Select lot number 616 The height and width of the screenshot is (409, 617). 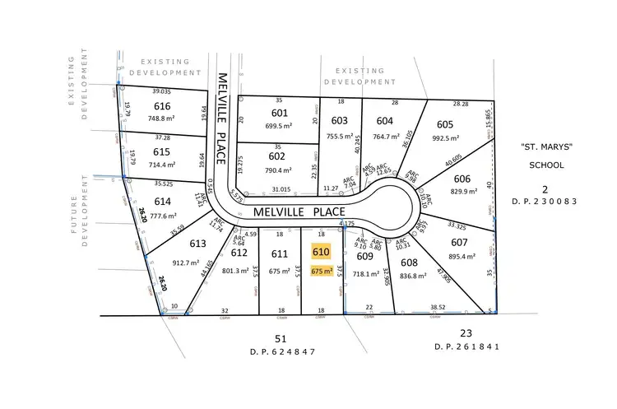[x=162, y=106]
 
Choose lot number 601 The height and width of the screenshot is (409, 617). [x=280, y=113]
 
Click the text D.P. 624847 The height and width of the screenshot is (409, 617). [x=281, y=351]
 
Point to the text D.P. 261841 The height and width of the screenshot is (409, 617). [x=467, y=347]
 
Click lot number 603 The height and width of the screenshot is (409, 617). [x=340, y=120]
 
